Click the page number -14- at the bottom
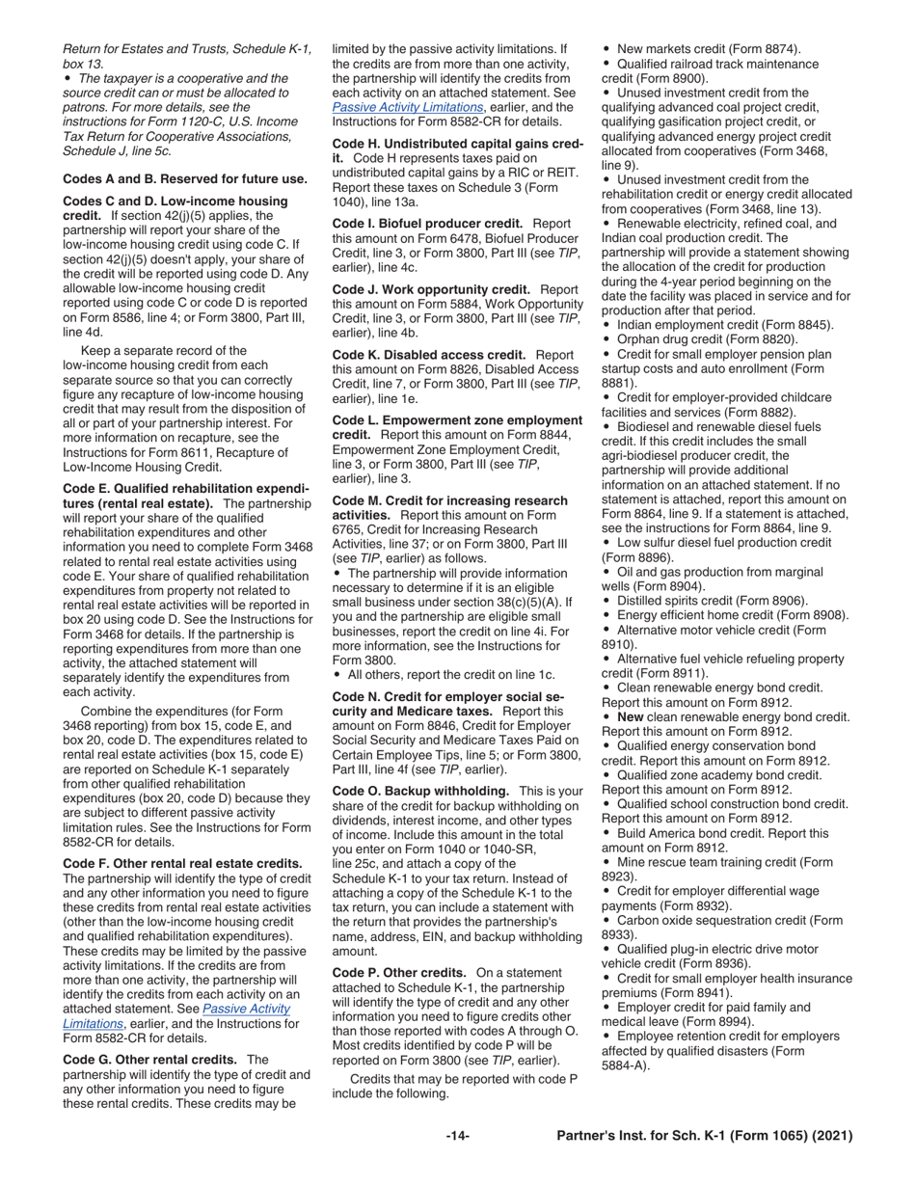point(457,1137)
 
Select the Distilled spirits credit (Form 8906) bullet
point(712,600)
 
